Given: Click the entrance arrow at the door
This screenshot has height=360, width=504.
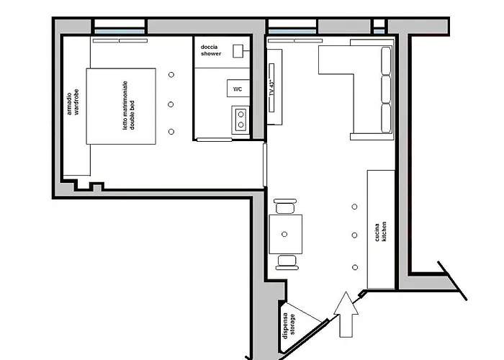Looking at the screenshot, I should pyautogui.click(x=346, y=313).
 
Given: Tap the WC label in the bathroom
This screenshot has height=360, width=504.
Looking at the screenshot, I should pyautogui.click(x=237, y=89).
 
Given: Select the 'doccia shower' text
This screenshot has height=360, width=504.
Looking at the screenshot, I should pyautogui.click(x=211, y=50).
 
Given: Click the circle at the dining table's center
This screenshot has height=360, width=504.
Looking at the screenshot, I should pyautogui.click(x=286, y=234).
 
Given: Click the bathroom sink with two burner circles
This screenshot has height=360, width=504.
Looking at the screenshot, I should pyautogui.click(x=240, y=117).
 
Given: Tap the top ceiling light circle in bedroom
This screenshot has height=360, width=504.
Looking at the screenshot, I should pyautogui.click(x=171, y=75).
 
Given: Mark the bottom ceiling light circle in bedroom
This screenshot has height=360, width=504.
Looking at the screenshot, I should pyautogui.click(x=171, y=131).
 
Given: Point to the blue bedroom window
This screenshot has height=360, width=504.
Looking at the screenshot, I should pyautogui.click(x=120, y=31).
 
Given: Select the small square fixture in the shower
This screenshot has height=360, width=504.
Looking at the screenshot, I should pyautogui.click(x=246, y=52).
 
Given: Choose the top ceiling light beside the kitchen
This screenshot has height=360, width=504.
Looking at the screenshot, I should pyautogui.click(x=354, y=207).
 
